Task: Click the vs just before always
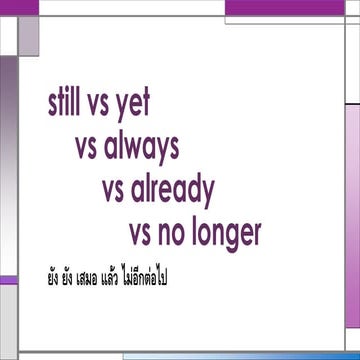(x=87, y=148)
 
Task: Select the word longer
(x=230, y=235)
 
